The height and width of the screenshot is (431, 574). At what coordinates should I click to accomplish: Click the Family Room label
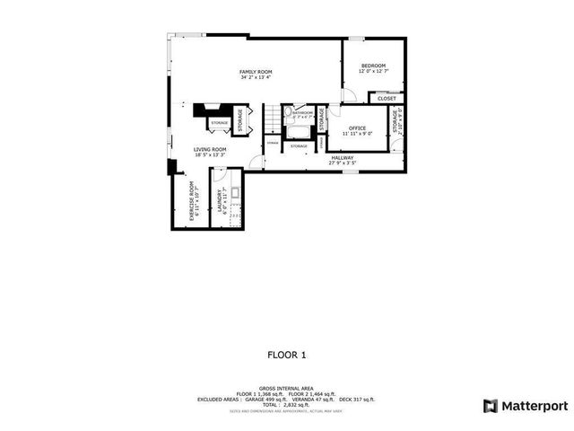pos(256,72)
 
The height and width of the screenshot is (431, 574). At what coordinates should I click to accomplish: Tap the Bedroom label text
pos(373,66)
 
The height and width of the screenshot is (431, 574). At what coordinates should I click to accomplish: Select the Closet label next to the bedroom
pos(387,99)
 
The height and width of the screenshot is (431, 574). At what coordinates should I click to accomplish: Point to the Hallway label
pos(342,157)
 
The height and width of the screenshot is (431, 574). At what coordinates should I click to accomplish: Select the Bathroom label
pos(302,113)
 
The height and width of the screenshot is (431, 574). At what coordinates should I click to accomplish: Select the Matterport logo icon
pos(490,405)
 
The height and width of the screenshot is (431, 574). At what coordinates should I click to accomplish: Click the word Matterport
pos(535,405)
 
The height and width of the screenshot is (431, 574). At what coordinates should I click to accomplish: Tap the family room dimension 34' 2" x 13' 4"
pos(256,78)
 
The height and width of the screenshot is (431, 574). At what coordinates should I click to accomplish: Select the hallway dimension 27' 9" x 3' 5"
pos(342,163)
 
